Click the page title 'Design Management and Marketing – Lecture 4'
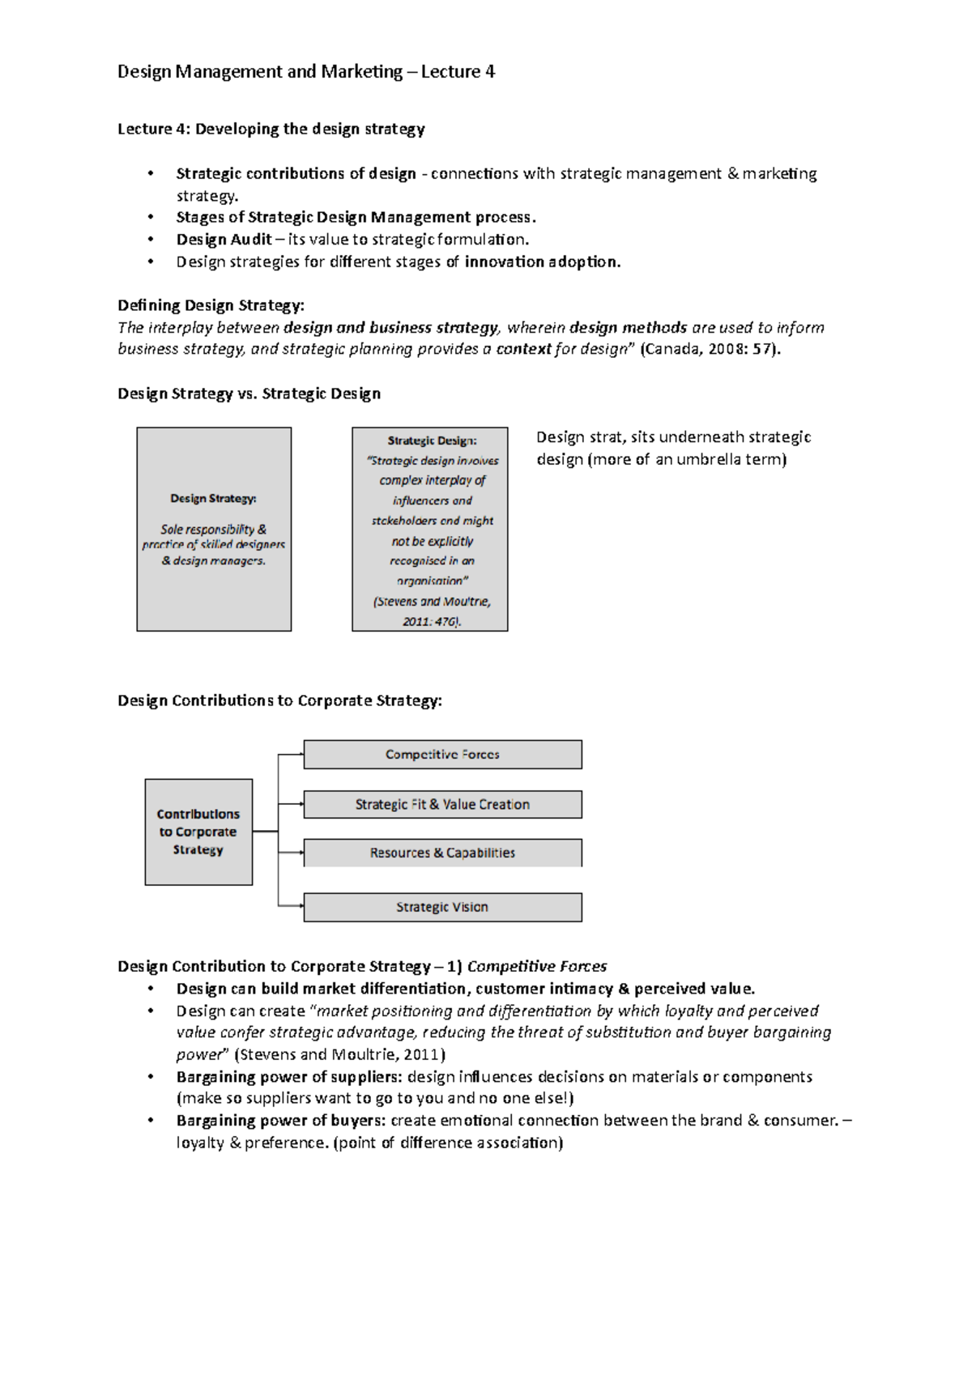pos(305,72)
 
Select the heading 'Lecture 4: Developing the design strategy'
pos(271,129)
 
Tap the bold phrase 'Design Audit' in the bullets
pos(224,240)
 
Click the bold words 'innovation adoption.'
pos(542,262)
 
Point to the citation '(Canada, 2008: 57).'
pos(710,350)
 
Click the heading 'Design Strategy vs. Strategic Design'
pos(249,394)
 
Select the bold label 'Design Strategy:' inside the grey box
pos(213,499)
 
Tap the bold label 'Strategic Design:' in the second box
pos(432,441)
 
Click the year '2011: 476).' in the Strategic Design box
pos(431,622)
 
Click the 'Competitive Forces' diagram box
pos(442,755)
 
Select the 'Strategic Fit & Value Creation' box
pos(442,805)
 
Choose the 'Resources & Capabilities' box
pos(442,853)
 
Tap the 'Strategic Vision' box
pos(442,908)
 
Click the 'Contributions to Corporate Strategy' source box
pos(198,832)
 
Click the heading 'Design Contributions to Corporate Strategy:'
pos(279,701)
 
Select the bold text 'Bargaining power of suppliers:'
pos(289,1077)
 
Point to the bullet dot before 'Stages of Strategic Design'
pos(150,218)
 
